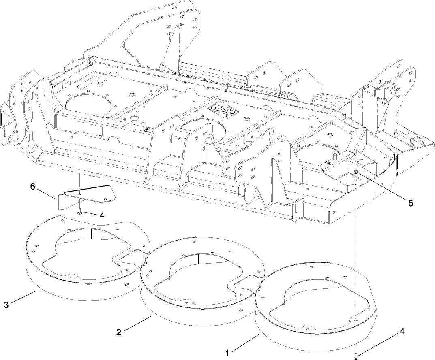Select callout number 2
(118, 332)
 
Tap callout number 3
(6, 305)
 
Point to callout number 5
(411, 203)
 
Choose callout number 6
(33, 187)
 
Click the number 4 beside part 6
(101, 216)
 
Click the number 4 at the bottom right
(402, 331)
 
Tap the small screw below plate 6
(80, 211)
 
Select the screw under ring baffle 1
(356, 356)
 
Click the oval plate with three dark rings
(222, 111)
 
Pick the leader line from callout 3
(24, 297)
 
